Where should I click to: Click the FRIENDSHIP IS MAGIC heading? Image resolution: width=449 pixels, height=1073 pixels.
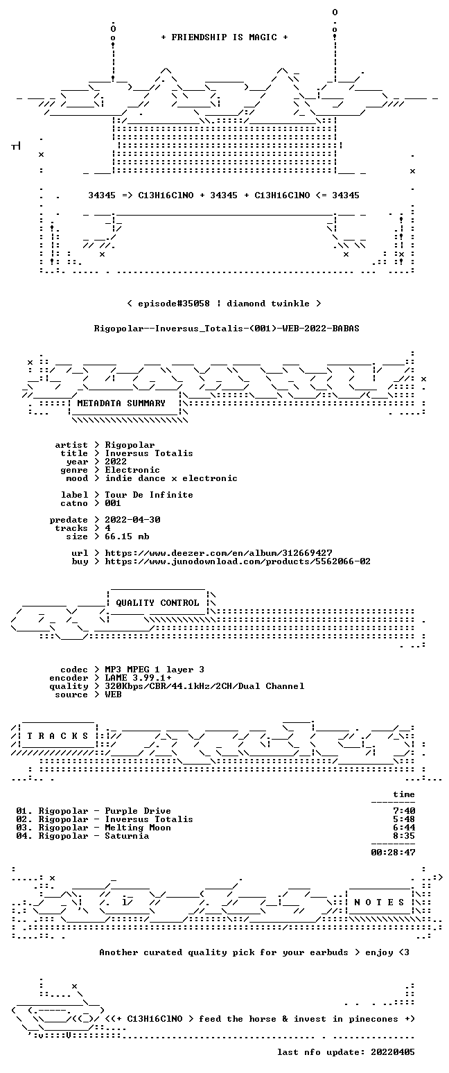(x=224, y=37)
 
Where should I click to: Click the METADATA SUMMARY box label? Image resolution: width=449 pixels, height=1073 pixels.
(x=121, y=403)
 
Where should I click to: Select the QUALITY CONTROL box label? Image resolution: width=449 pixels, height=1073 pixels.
(x=157, y=603)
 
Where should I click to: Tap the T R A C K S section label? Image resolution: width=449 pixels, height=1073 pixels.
(x=58, y=735)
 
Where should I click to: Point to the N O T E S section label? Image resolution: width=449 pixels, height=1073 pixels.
(x=379, y=902)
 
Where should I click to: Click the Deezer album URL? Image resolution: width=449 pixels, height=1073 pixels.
(x=219, y=553)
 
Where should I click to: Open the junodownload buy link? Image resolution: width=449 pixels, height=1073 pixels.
(x=238, y=561)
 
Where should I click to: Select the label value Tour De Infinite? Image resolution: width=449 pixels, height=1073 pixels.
(x=150, y=495)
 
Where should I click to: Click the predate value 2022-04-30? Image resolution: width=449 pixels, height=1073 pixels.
(x=132, y=520)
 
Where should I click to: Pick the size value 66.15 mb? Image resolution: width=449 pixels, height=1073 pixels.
(x=127, y=536)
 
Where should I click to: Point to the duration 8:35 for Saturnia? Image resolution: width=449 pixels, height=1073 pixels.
(x=404, y=836)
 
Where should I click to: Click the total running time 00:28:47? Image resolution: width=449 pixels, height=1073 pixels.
(x=393, y=853)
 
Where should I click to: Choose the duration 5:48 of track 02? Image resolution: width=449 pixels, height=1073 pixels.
(x=404, y=819)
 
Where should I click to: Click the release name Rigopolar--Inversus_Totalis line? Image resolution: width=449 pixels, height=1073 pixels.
(x=227, y=329)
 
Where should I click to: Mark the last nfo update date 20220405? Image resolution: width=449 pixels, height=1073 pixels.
(x=393, y=1052)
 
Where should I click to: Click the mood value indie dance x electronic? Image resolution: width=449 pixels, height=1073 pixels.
(x=171, y=478)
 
